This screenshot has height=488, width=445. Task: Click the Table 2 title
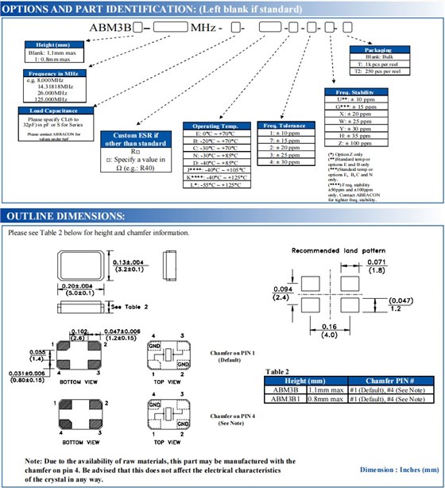277,371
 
